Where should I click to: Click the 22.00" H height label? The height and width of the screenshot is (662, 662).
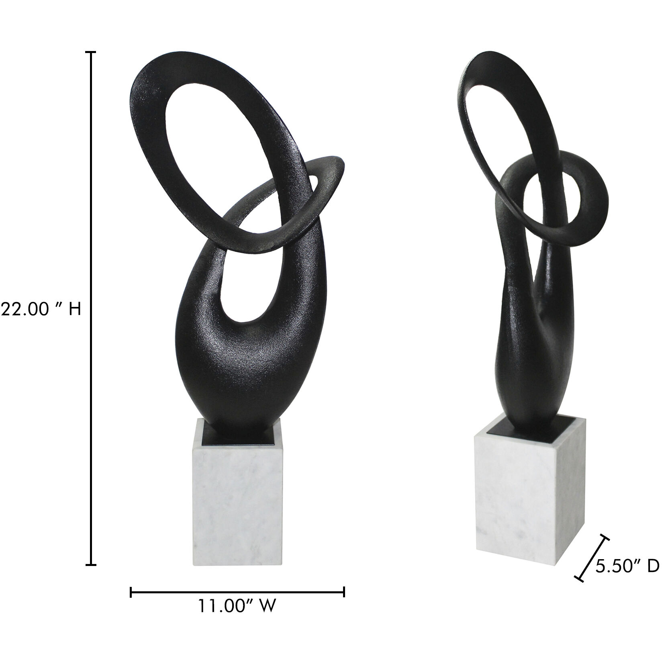[x=41, y=310]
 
